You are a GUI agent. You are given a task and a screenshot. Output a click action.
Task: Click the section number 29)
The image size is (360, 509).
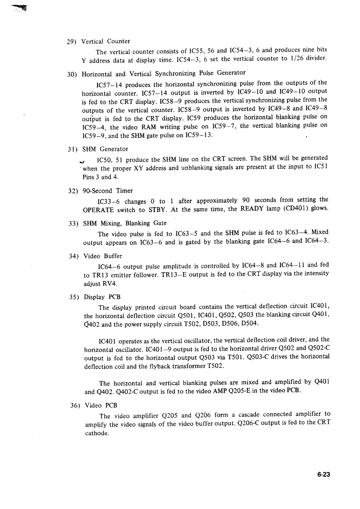click(72, 42)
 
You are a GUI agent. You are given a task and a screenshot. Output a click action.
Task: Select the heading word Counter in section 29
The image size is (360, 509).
click(119, 41)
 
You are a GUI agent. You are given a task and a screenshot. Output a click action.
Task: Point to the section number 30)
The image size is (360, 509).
click(72, 75)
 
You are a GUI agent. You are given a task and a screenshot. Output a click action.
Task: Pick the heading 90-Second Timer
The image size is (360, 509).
click(108, 191)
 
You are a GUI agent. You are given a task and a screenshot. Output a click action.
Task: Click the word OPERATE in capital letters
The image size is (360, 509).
click(98, 210)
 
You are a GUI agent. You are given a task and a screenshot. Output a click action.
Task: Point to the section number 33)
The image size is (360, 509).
click(73, 224)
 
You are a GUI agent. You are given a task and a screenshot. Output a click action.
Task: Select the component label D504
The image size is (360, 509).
click(249, 323)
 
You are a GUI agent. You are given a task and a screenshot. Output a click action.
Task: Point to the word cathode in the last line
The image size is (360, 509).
click(97, 433)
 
